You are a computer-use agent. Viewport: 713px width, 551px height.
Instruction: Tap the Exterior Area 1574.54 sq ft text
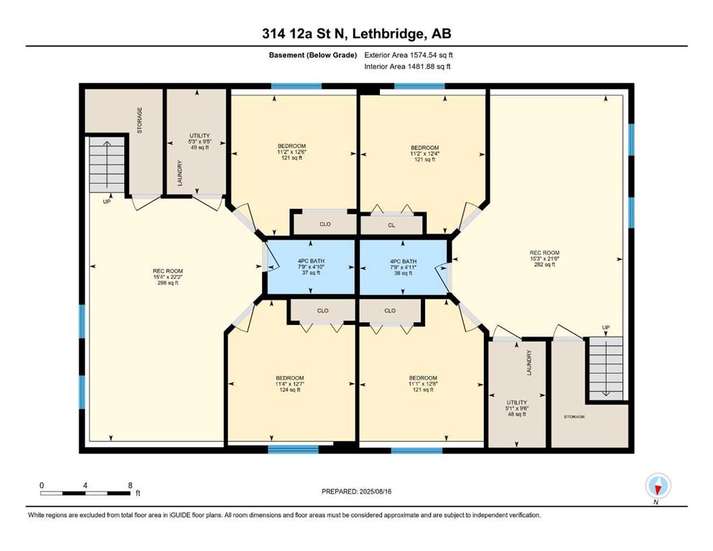(409, 55)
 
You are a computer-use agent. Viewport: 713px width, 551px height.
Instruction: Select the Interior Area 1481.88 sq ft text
(407, 66)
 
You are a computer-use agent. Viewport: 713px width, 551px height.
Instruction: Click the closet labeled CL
(391, 225)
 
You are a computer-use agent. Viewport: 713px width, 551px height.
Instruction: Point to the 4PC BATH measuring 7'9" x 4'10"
(311, 267)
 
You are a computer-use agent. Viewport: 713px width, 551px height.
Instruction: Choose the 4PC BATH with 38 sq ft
(404, 267)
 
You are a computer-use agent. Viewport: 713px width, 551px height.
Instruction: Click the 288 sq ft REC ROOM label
(168, 277)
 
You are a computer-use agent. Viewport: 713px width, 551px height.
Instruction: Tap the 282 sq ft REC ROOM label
(544, 258)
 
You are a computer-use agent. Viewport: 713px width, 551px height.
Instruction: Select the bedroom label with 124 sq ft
(289, 384)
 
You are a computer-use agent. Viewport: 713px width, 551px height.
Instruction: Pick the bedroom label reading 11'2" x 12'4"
(424, 154)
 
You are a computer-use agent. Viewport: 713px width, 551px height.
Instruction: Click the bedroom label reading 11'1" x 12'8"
(423, 384)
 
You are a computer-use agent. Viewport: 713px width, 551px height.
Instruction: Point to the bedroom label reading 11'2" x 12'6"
(292, 152)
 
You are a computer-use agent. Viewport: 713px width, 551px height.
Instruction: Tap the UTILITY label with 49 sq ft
(200, 141)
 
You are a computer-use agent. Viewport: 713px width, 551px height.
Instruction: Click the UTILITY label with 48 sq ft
(516, 408)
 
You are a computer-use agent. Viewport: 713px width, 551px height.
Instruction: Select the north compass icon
(658, 486)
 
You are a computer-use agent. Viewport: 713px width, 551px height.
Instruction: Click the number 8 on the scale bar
(131, 485)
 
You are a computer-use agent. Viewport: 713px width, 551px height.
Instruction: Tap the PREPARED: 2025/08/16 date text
(356, 491)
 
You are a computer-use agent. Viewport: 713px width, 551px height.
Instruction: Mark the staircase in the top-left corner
(107, 164)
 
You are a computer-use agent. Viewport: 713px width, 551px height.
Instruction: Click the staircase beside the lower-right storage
(606, 368)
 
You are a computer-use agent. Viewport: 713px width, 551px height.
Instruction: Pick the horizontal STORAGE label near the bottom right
(574, 417)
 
